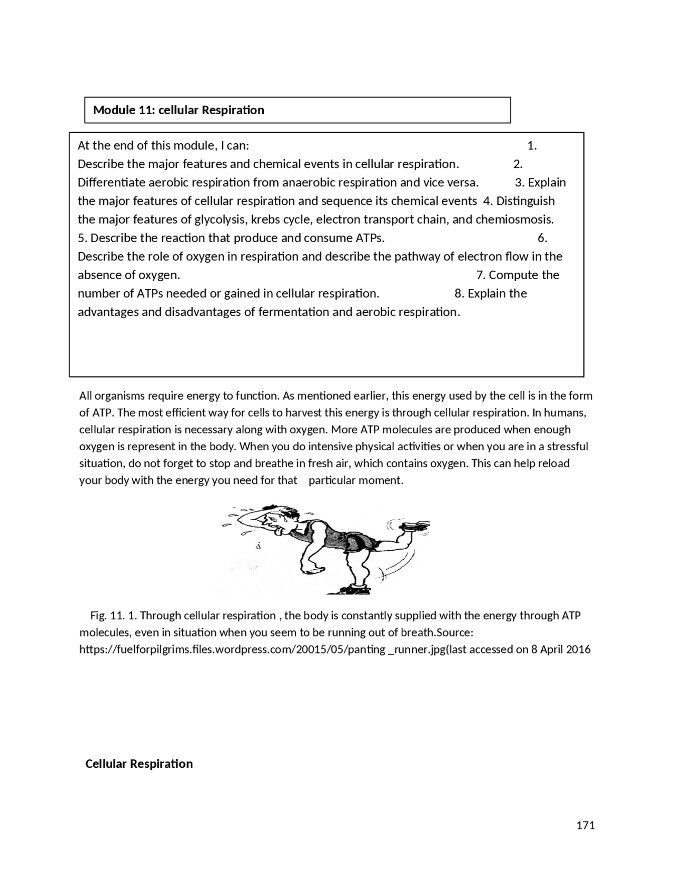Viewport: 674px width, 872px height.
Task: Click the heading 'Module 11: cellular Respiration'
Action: (179, 110)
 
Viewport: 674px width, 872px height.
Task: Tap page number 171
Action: (586, 825)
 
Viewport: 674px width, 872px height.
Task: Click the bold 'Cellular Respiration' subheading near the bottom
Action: (139, 764)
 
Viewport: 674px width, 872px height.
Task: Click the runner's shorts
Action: (361, 541)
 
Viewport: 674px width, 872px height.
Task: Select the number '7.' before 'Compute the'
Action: (481, 275)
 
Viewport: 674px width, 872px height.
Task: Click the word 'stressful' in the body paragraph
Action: (567, 447)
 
